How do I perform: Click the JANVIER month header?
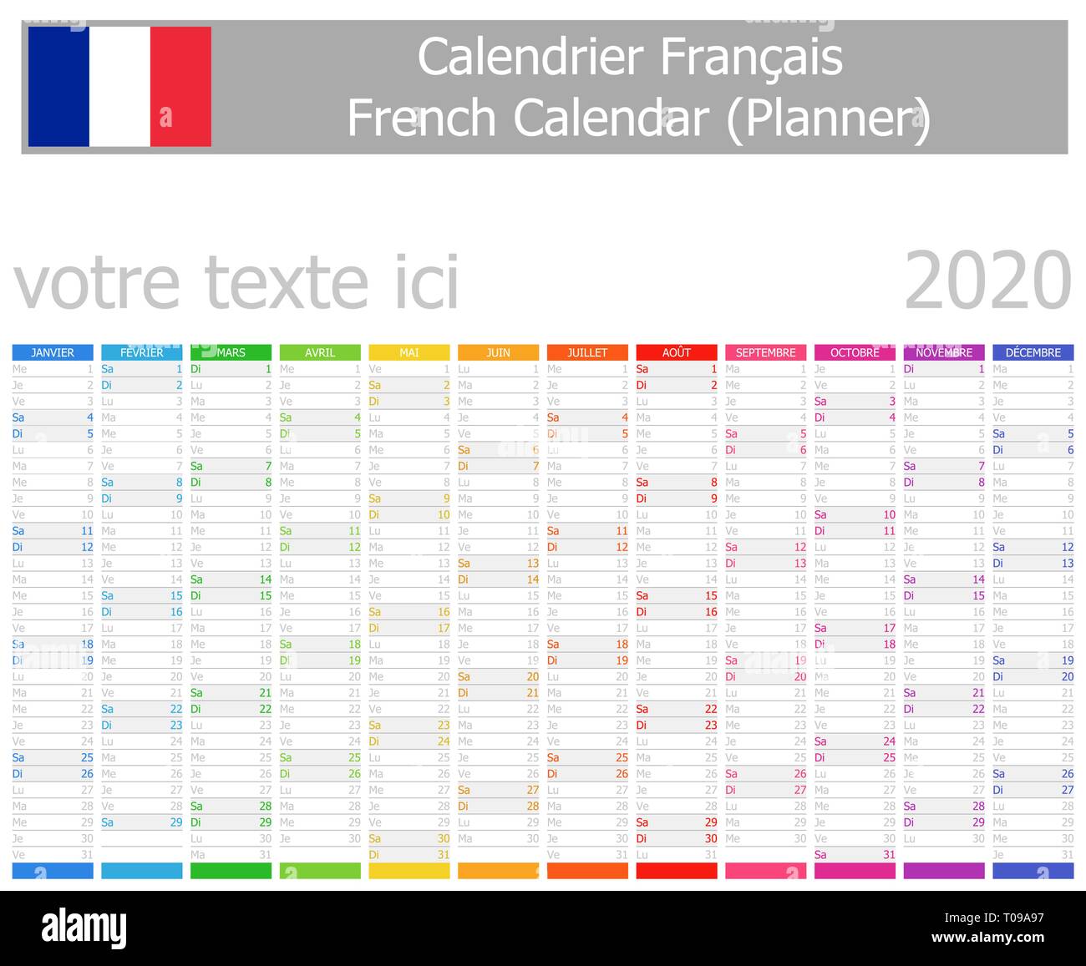[x=53, y=352]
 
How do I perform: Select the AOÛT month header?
[x=677, y=352]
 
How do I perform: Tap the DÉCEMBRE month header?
[x=1033, y=352]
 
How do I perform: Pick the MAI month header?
[x=409, y=352]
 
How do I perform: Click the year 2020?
[x=987, y=281]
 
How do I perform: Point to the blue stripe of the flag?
[x=58, y=87]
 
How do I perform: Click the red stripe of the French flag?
[x=180, y=87]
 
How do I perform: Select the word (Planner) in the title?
[x=827, y=119]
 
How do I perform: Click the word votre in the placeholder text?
[x=97, y=282]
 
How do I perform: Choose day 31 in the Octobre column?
[x=889, y=854]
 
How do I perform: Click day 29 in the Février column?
[x=175, y=822]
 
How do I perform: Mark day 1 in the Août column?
[x=713, y=369]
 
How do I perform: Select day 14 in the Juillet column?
[x=622, y=579]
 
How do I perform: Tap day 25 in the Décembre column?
[x=1067, y=757]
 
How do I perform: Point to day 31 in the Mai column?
[x=443, y=854]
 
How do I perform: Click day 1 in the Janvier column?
[x=89, y=369]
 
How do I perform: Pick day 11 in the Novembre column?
[x=977, y=531]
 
